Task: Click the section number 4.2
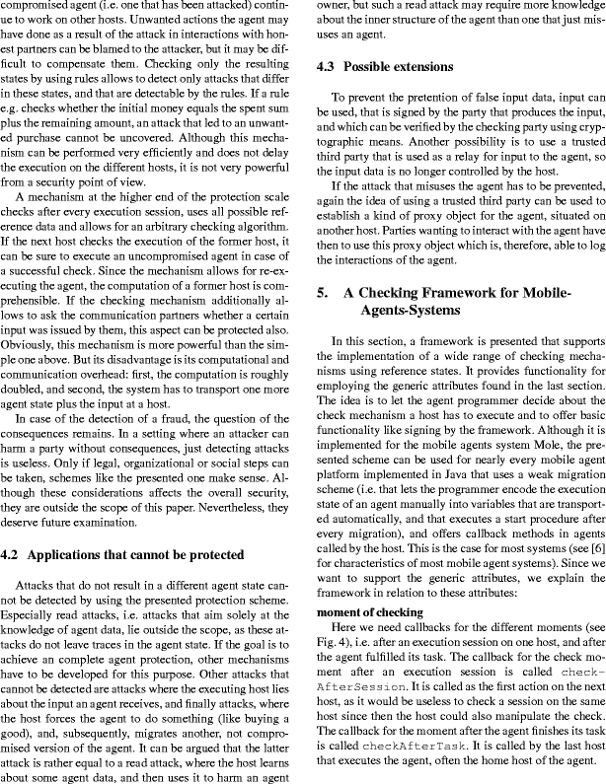pyautogui.click(x=14, y=553)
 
